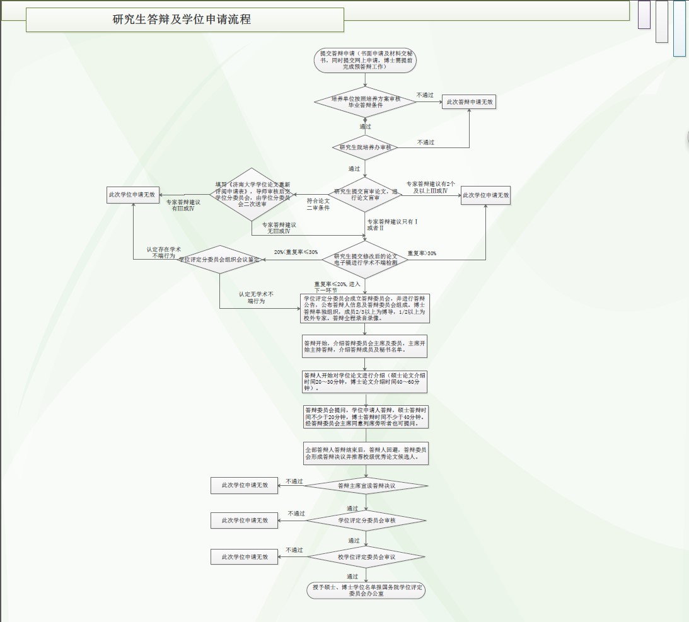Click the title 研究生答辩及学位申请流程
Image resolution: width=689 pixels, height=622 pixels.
point(182,20)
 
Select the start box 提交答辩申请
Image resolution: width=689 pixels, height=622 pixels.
point(365,60)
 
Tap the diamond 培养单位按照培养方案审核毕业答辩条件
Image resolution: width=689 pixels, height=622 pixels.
point(365,101)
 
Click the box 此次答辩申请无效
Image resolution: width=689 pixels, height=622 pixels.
point(470,101)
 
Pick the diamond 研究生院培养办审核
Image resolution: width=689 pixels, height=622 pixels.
point(365,147)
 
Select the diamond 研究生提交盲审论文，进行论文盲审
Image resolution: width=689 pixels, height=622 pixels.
point(365,195)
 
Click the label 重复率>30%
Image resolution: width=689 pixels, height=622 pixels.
point(422,253)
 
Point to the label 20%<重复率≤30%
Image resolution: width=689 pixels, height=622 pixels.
point(296,252)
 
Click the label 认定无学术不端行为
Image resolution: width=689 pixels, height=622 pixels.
point(256,297)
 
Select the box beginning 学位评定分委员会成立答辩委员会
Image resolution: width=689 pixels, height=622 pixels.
point(365,308)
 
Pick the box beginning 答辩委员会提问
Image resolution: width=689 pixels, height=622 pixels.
point(365,417)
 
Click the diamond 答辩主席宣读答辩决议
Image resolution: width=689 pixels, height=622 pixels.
point(366,486)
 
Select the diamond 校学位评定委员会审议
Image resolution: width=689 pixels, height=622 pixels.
point(366,557)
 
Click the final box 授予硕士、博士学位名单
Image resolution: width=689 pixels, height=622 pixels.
point(366,590)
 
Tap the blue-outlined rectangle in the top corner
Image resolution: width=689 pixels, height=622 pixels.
point(679,28)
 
